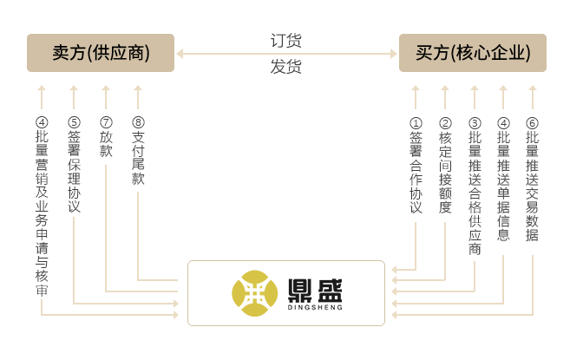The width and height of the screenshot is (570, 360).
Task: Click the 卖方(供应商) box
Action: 101,53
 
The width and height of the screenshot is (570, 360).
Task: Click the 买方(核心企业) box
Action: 473,53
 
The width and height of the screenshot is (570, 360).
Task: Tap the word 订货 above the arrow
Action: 286,41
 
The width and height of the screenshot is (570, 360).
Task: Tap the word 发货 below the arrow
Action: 286,67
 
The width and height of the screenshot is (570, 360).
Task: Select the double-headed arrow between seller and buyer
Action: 286,54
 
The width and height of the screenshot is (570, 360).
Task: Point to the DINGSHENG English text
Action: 313,307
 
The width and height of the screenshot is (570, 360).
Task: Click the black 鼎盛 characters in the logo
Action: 313,287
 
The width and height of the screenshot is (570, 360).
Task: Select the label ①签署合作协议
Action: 416,166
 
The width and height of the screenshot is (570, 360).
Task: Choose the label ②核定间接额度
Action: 445,166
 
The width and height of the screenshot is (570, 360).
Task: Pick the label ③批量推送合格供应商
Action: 475,186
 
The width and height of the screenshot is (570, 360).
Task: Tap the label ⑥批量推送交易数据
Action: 533,179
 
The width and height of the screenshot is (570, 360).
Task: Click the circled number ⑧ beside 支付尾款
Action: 138,122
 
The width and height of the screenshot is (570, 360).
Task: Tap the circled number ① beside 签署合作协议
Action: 416,122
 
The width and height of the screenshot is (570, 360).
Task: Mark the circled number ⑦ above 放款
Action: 106,122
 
